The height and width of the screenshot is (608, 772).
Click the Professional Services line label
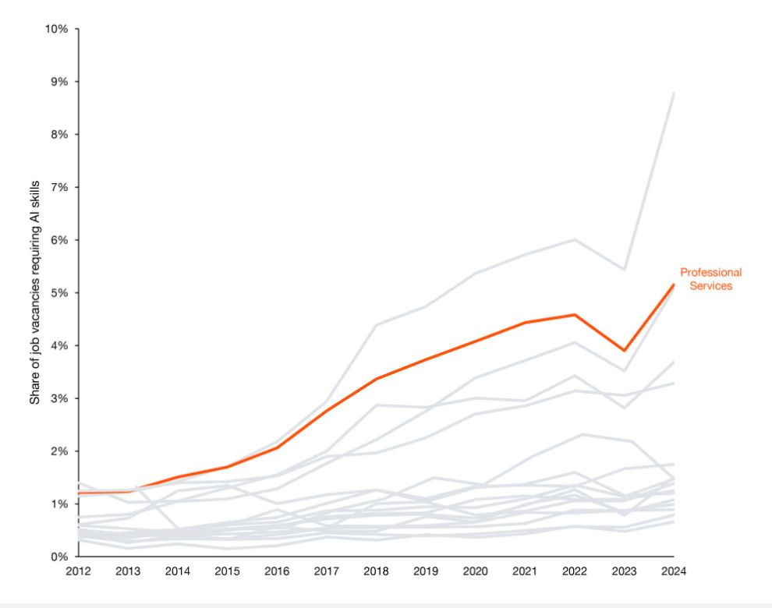pyautogui.click(x=710, y=279)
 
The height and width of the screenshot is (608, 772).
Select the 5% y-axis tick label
pyautogui.click(x=59, y=293)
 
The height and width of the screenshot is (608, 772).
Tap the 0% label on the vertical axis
pyautogui.click(x=59, y=557)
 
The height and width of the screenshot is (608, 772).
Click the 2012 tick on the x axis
pyautogui.click(x=78, y=571)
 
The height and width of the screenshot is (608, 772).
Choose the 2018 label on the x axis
pyautogui.click(x=376, y=571)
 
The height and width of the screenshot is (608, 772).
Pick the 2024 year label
pyautogui.click(x=674, y=571)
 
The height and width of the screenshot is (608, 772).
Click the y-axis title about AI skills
pyautogui.click(x=35, y=292)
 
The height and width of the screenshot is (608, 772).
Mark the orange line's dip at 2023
pyautogui.click(x=624, y=351)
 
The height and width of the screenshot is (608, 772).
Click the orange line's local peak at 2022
pyautogui.click(x=575, y=315)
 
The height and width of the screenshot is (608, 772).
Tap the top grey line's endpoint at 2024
pyautogui.click(x=674, y=93)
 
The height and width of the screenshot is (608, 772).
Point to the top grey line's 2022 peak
pyautogui.click(x=575, y=239)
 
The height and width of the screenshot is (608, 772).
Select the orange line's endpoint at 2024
pyautogui.click(x=674, y=285)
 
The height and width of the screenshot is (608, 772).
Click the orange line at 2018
pyautogui.click(x=376, y=379)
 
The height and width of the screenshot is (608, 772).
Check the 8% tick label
pyautogui.click(x=59, y=134)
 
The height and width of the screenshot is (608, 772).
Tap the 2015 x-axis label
pyautogui.click(x=227, y=571)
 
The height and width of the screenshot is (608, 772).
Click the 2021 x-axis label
pyautogui.click(x=525, y=571)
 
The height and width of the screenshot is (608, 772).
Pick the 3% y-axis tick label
pyautogui.click(x=59, y=398)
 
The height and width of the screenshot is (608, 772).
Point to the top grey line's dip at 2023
pyautogui.click(x=624, y=270)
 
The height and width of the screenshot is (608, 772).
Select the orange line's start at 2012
pyautogui.click(x=79, y=493)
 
